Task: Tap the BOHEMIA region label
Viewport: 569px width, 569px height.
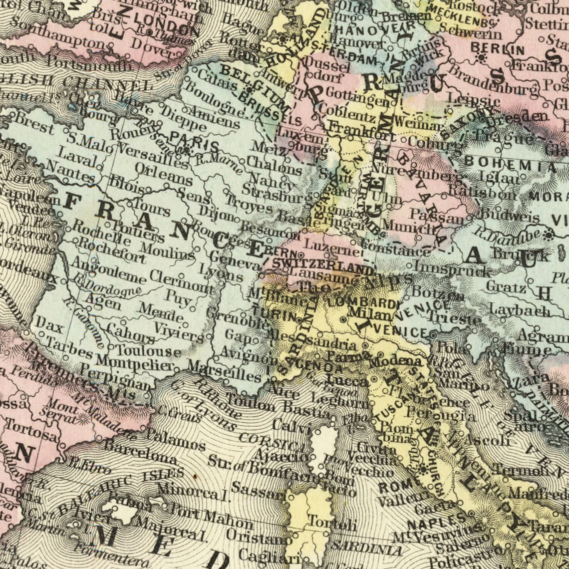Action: [510, 164]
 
